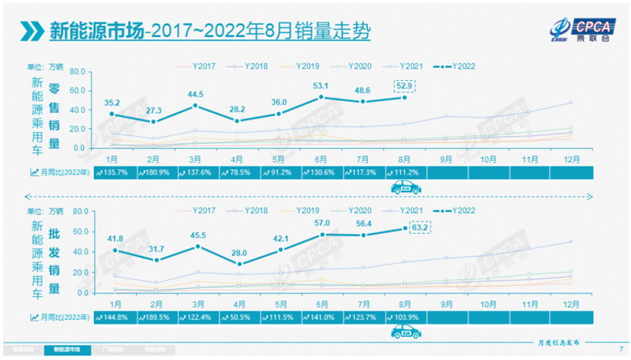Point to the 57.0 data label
coord(321,223)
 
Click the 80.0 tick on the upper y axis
coord(75,72)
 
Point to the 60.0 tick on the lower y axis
coord(75,232)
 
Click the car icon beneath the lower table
coord(405,332)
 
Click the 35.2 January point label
coord(112,100)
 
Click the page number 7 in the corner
coord(620,350)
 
